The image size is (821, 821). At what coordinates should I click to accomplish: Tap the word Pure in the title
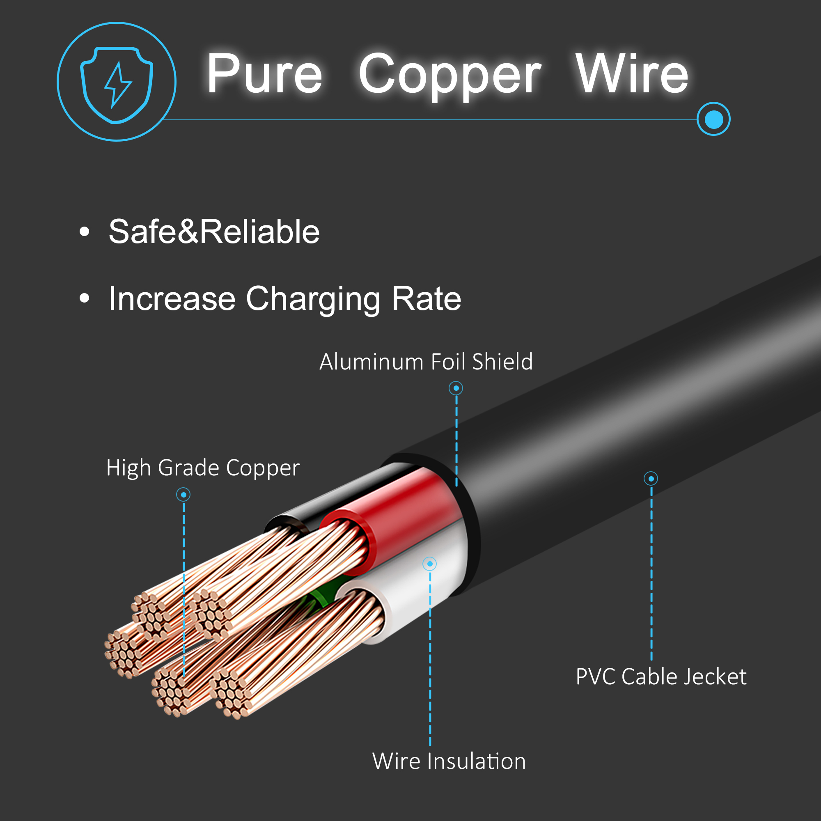264,73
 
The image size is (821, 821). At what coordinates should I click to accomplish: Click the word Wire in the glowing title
631,73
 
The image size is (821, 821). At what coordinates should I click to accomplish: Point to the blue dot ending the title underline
713,119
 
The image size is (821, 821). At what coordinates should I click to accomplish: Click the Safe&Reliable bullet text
214,232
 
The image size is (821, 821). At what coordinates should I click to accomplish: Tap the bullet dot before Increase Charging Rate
85,298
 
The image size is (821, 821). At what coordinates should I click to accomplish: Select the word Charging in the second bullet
313,300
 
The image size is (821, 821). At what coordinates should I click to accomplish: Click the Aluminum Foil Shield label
426,362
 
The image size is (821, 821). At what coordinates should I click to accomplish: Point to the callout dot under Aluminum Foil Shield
456,388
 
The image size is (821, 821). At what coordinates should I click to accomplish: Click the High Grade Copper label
203,468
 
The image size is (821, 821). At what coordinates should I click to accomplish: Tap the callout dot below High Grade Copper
183,495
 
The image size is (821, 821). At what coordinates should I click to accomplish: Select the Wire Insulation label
449,761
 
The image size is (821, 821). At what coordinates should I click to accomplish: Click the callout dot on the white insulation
430,564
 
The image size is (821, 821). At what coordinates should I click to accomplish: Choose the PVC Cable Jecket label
661,677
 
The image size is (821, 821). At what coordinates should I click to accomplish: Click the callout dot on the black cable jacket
651,479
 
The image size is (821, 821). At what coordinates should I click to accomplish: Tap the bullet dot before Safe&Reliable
85,232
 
